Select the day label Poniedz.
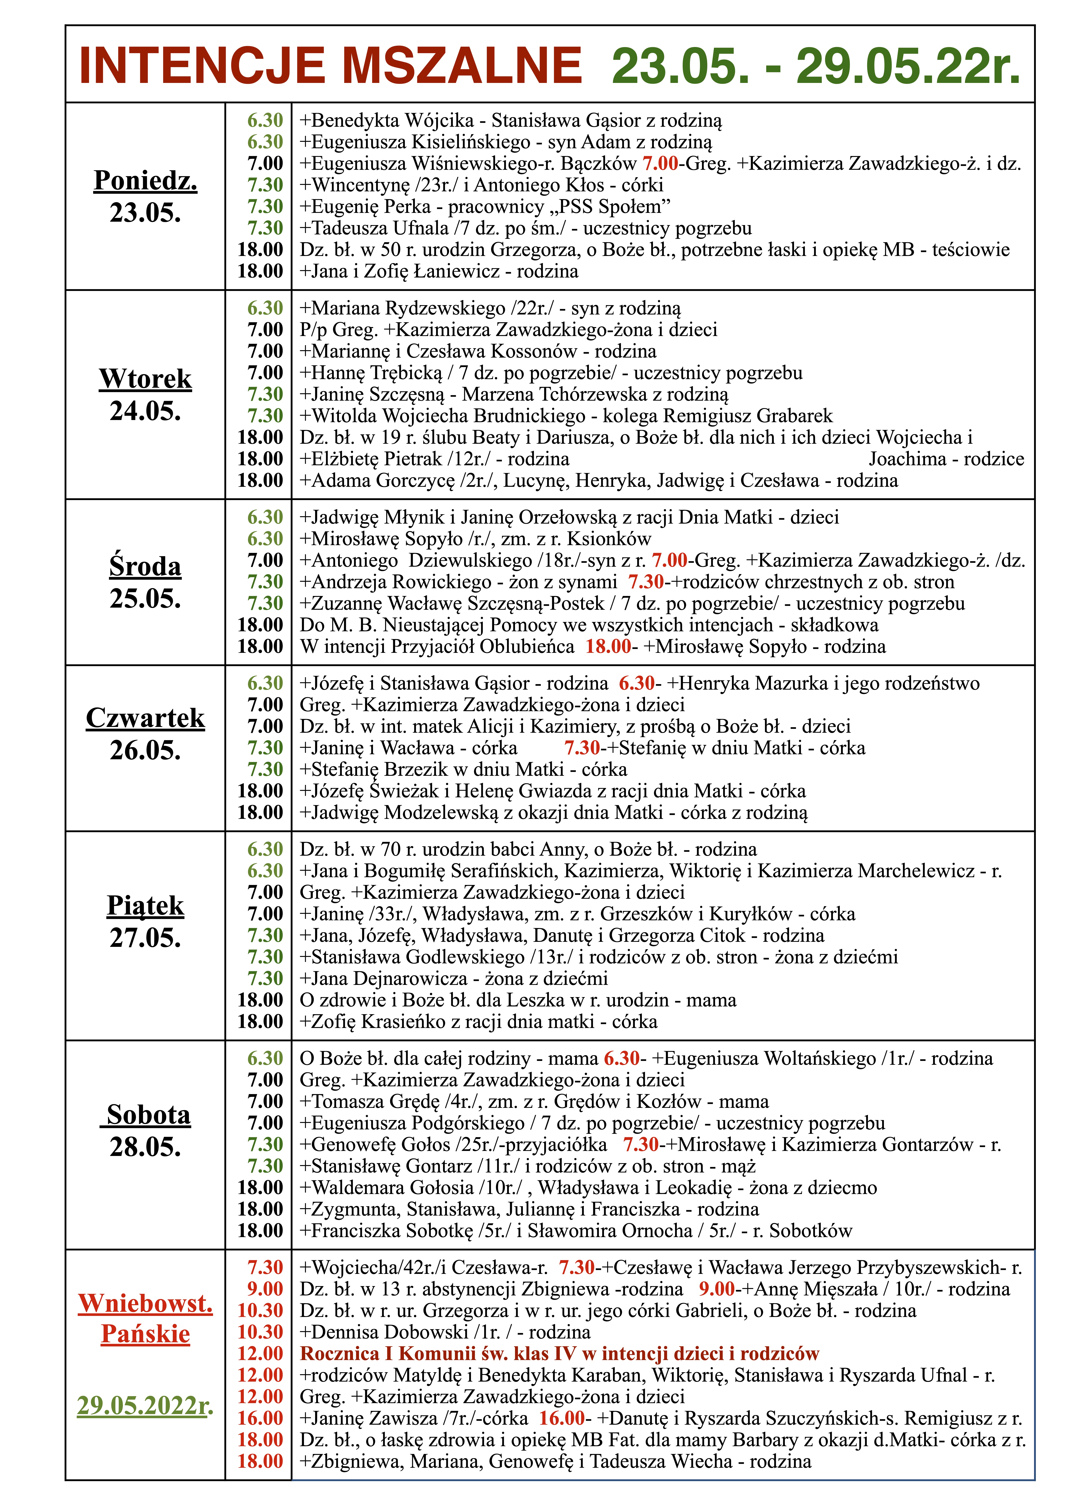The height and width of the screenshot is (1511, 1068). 145,180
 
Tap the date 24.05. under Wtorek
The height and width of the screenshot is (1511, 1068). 145,411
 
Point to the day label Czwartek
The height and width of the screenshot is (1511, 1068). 145,718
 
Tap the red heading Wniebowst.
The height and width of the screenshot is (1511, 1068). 145,1302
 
